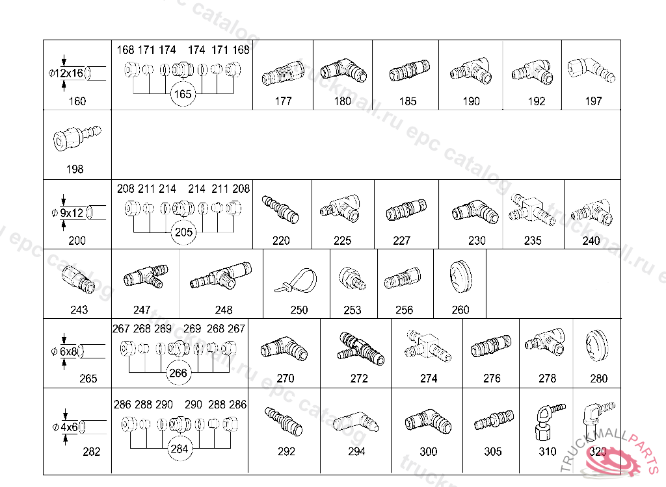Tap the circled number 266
click(178, 373)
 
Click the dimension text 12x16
click(71, 73)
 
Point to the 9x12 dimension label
click(72, 212)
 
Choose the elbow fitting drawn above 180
click(343, 71)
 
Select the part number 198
click(75, 169)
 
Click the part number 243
click(79, 310)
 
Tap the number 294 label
click(356, 451)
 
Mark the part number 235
click(533, 241)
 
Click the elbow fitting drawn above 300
click(428, 423)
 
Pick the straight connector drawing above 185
click(407, 72)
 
